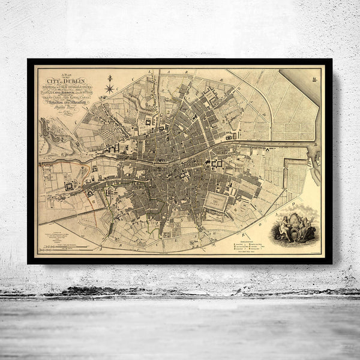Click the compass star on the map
pos(110,89)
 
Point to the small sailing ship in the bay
pos(314,76)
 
